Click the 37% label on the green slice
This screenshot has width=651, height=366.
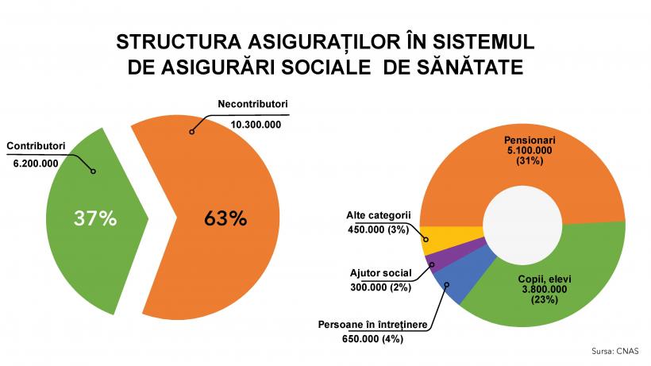pyautogui.click(x=95, y=218)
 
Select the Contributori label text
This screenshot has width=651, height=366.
pyautogui.click(x=36, y=146)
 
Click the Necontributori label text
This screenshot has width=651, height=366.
pyautogui.click(x=253, y=105)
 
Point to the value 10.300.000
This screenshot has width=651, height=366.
pyautogui.click(x=256, y=125)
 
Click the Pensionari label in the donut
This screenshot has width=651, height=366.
pyautogui.click(x=528, y=137)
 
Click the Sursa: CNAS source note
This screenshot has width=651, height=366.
pyautogui.click(x=617, y=350)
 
